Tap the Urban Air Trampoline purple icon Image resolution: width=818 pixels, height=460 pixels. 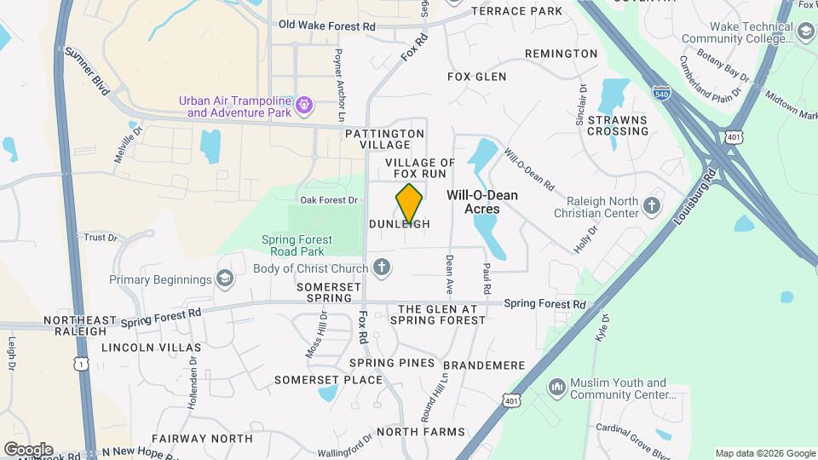tap(305, 106)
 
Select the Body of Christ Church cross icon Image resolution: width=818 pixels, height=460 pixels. tap(382, 268)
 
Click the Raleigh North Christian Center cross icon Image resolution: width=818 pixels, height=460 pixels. tap(652, 205)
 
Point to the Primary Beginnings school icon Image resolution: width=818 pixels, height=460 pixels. tap(224, 279)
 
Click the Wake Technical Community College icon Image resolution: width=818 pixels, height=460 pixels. tap(804, 32)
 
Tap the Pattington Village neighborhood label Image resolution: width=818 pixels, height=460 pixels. tap(385, 140)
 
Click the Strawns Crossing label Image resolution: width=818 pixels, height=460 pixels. tap(618, 125)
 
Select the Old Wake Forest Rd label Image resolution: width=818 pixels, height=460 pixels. tap(327, 26)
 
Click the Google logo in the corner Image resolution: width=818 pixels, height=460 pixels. tap(28, 449)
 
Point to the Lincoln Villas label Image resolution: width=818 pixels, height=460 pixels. tap(151, 348)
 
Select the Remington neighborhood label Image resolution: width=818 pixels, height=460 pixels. tap(561, 54)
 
